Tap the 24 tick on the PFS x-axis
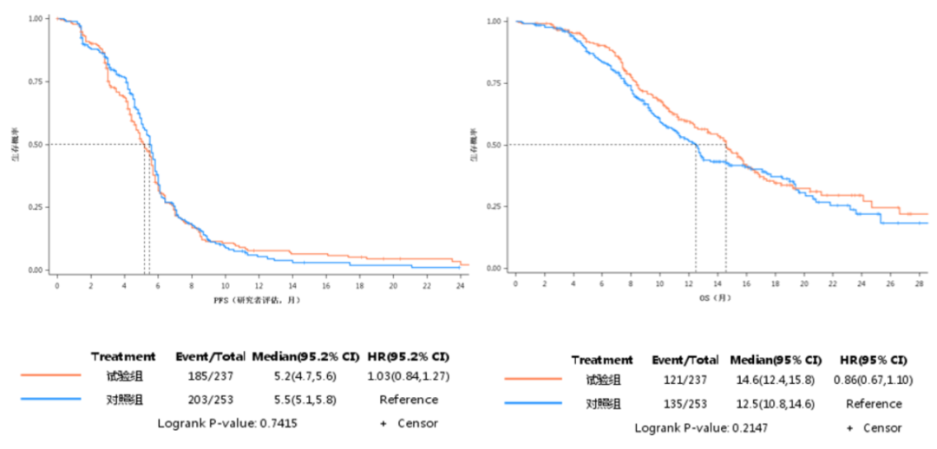click(x=460, y=284)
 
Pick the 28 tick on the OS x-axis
click(x=920, y=283)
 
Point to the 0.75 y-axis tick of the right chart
click(x=493, y=83)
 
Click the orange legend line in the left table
click(x=51, y=377)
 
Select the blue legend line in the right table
click(x=533, y=403)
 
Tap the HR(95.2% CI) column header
click(x=409, y=356)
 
